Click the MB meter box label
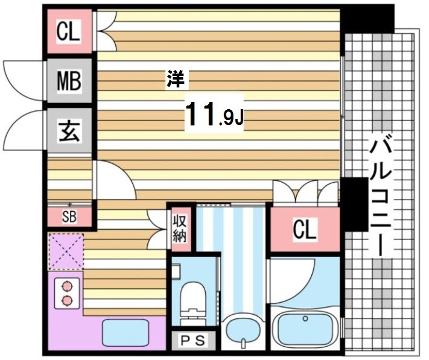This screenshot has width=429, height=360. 69,81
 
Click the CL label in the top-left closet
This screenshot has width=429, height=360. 69,31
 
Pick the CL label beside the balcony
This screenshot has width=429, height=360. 304,230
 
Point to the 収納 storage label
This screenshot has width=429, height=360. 180,228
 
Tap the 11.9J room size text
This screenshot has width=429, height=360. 214,114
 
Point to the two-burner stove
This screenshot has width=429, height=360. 66,292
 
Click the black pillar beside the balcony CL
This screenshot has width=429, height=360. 355,205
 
